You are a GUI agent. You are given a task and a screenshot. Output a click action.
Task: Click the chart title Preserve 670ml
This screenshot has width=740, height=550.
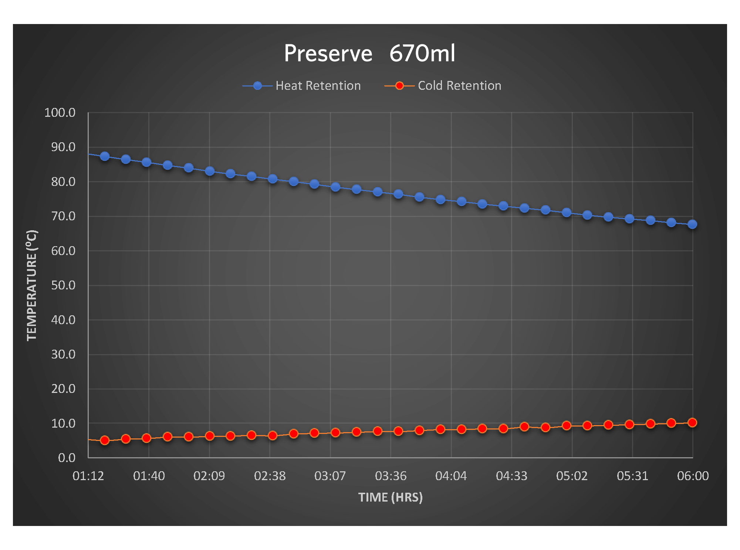coord(369,53)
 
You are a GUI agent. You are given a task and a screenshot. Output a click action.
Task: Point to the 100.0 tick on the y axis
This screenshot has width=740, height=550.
coord(60,113)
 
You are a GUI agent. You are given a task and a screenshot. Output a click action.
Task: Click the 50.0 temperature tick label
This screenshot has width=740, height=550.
coord(63,285)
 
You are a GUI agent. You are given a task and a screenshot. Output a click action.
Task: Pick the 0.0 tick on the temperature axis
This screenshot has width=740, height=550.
coord(67,458)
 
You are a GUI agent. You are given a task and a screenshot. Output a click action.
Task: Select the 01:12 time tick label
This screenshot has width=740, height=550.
coord(88,476)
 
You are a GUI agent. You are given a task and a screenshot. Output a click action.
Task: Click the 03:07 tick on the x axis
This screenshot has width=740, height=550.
coord(330,476)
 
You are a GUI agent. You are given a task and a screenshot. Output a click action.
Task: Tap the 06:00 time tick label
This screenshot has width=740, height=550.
coord(693,476)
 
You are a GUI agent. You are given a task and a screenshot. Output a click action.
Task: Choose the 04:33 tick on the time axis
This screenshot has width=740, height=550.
coord(511,476)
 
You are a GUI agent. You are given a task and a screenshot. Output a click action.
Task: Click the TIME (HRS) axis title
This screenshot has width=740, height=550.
coord(390,498)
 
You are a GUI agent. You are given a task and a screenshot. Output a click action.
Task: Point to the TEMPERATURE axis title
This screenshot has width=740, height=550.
coord(32,285)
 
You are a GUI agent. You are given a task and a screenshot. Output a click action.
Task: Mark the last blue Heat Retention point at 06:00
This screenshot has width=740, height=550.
coord(692,224)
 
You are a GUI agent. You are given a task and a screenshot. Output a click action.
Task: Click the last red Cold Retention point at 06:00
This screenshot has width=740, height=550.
coord(692,422)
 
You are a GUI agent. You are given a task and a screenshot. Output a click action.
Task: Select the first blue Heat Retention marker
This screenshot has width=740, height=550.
coord(105,156)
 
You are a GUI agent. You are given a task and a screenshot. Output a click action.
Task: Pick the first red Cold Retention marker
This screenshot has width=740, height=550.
coord(105,440)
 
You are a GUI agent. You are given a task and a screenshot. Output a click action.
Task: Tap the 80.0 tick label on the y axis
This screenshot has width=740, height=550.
coord(63,182)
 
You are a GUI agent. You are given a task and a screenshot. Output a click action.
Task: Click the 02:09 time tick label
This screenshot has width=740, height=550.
coord(209,476)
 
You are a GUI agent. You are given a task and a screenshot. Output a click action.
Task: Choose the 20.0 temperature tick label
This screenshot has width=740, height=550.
coord(63,389)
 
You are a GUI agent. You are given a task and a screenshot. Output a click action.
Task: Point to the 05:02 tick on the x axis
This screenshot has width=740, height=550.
coord(572,476)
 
